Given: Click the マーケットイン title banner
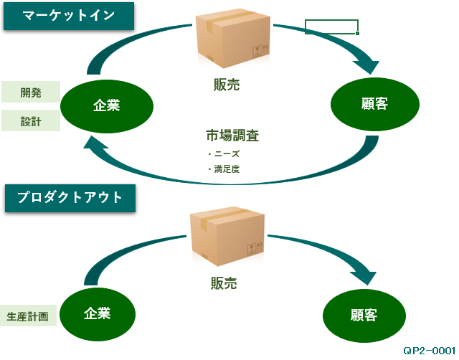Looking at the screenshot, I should click(x=69, y=16).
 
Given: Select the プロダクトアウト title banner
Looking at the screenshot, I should click(x=69, y=197).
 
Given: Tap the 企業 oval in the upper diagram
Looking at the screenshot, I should click(x=106, y=105).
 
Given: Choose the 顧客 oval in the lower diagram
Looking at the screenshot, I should click(x=364, y=316).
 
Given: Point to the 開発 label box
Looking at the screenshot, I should click(x=31, y=93).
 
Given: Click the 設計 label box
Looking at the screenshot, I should click(x=31, y=121).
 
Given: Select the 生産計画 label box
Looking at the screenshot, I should click(x=27, y=316).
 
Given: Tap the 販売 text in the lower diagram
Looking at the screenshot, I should click(x=224, y=283).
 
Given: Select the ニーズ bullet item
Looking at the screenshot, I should click(x=224, y=153).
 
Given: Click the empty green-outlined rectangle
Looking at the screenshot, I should click(x=331, y=27).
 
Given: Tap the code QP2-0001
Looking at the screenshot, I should click(x=429, y=350).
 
